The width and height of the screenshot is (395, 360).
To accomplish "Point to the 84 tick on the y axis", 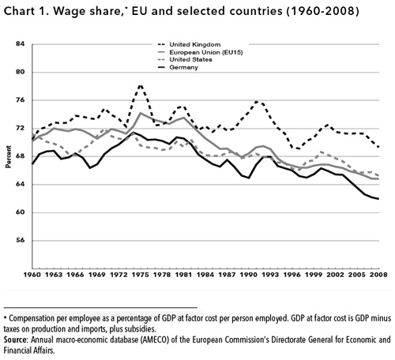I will click(20, 44).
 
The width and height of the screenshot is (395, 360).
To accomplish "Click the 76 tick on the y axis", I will click(20, 99).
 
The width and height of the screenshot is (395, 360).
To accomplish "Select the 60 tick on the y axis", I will click(20, 212).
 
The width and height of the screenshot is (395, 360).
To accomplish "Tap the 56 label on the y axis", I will click(20, 240).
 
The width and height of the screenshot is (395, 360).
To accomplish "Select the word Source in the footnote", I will click(18, 339).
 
